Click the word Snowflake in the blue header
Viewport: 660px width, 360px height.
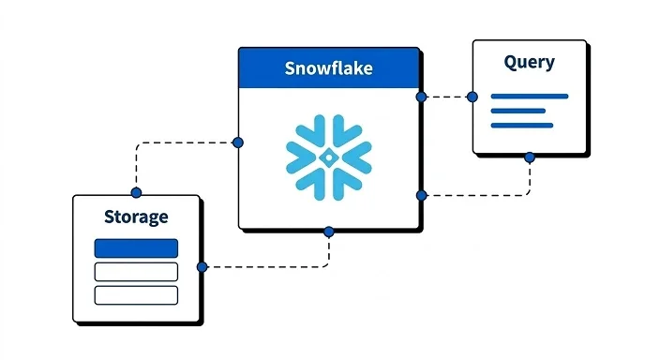click(328, 69)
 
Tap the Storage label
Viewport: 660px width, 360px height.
click(136, 217)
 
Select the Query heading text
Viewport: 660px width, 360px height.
click(529, 64)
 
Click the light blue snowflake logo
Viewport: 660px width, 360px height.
click(328, 157)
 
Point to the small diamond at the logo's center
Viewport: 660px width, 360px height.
click(328, 157)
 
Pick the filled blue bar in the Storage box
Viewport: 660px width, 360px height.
click(136, 248)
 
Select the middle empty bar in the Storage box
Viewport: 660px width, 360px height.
click(136, 272)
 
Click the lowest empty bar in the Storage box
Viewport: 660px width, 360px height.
click(136, 294)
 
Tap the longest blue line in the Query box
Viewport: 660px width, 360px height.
click(529, 96)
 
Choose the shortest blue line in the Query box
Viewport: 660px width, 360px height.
click(517, 111)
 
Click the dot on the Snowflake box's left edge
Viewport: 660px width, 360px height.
click(237, 142)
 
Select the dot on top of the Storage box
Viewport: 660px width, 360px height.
click(136, 193)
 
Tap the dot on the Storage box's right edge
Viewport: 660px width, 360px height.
click(202, 267)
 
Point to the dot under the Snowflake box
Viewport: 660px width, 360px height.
click(328, 232)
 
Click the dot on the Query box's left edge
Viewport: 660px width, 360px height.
click(472, 97)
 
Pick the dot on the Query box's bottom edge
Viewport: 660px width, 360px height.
click(530, 157)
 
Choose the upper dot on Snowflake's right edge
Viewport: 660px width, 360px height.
click(422, 97)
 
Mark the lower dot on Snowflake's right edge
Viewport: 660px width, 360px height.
click(422, 195)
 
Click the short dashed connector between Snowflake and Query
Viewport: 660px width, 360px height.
click(447, 97)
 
